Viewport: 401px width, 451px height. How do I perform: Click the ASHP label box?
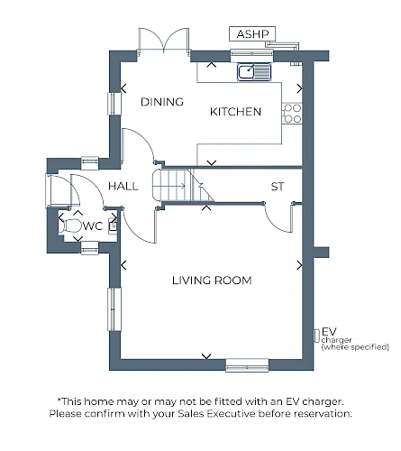pyautogui.click(x=252, y=33)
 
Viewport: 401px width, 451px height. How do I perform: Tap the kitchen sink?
pyautogui.click(x=254, y=72)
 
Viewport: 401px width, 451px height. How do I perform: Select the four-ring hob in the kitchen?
pyautogui.click(x=292, y=114)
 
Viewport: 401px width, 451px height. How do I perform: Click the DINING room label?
pyautogui.click(x=162, y=102)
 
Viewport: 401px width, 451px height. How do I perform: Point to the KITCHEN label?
pyautogui.click(x=235, y=112)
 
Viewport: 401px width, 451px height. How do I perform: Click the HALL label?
pyautogui.click(x=123, y=186)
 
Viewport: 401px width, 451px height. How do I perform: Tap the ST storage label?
pyautogui.click(x=278, y=187)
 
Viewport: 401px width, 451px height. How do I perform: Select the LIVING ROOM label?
pyautogui.click(x=212, y=281)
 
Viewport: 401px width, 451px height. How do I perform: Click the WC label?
pyautogui.click(x=93, y=225)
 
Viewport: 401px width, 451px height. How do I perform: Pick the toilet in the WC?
pyautogui.click(x=70, y=226)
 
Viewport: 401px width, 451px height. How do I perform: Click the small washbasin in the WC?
pyautogui.click(x=113, y=225)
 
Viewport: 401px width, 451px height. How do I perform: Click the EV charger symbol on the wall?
pyautogui.click(x=316, y=336)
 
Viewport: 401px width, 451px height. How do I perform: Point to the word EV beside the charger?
pyautogui.click(x=329, y=332)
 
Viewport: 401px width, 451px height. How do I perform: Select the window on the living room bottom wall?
pyautogui.click(x=247, y=365)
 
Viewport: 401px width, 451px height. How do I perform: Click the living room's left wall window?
pyautogui.click(x=114, y=309)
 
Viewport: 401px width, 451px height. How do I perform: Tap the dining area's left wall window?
pyautogui.click(x=114, y=104)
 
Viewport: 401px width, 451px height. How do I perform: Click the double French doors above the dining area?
pyautogui.click(x=164, y=41)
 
